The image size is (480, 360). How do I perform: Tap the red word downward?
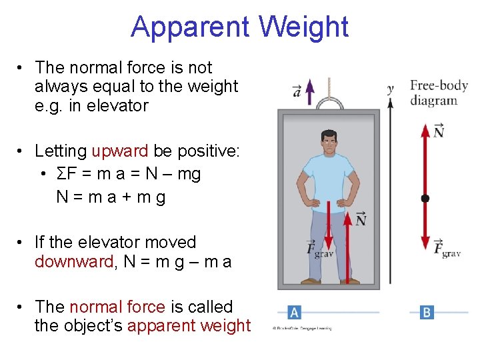pos(74,261)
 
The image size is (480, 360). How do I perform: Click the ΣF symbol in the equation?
pos(65,174)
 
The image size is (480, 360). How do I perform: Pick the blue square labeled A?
pos(294,312)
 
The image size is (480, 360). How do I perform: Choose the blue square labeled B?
pos(427,312)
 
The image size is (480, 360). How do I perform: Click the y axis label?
pos(391,87)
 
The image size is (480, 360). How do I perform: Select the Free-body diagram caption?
pos(438,93)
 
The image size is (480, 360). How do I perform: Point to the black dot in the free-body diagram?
pos(425,198)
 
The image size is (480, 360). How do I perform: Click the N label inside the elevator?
pos(361,219)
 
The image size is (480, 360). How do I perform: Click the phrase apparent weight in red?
pos(189,326)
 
